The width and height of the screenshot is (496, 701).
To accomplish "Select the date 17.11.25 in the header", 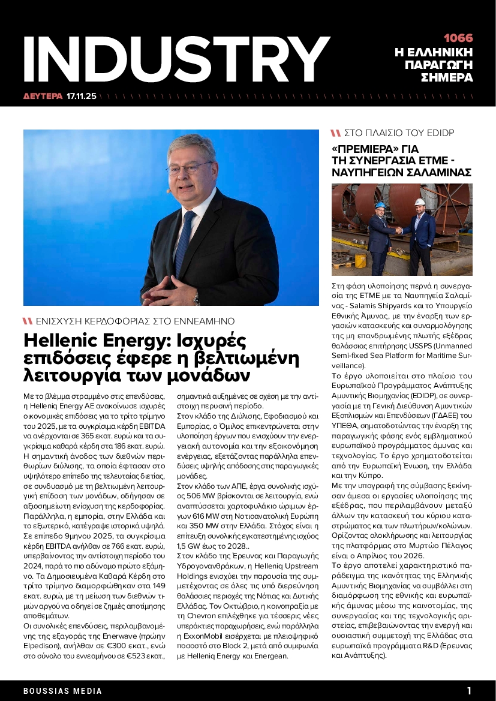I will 82,95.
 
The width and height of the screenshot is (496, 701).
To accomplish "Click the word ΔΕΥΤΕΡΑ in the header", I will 43,95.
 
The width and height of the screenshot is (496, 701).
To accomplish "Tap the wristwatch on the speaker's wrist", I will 196,297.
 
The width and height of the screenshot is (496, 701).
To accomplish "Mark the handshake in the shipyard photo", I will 399,230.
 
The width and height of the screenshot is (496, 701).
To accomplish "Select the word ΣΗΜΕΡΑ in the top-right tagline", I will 447,78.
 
